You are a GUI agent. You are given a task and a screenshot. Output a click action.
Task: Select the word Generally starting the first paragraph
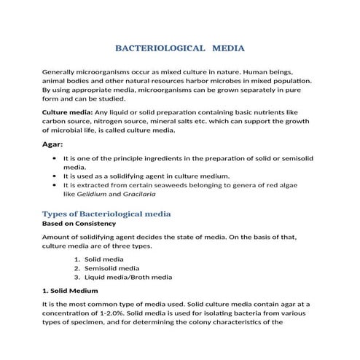click(61, 73)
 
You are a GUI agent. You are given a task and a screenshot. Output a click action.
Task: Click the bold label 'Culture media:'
click(67, 112)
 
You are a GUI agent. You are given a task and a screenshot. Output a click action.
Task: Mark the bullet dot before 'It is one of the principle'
click(56, 157)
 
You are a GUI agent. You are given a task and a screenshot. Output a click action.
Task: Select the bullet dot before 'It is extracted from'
click(56, 185)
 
